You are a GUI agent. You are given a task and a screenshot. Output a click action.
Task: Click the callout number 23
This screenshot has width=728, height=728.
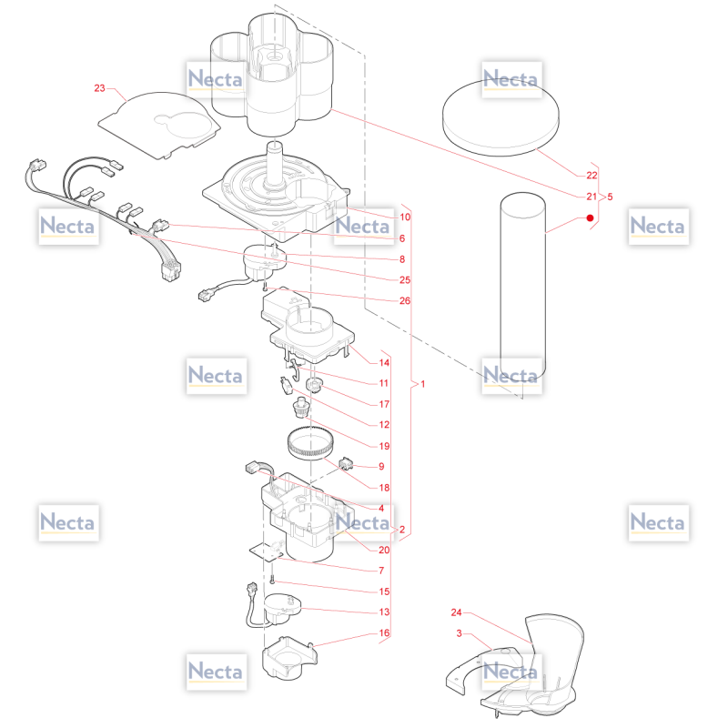click(99, 88)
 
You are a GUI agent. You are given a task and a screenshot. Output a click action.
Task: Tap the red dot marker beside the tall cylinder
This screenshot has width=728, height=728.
click(590, 217)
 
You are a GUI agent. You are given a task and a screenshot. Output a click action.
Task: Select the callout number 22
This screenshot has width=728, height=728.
click(591, 176)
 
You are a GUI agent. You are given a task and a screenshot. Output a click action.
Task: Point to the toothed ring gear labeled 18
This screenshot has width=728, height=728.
click(309, 443)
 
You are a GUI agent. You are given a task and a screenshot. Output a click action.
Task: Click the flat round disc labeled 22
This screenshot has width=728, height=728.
click(500, 118)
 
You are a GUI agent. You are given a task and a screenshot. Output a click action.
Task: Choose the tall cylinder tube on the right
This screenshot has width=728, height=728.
click(522, 286)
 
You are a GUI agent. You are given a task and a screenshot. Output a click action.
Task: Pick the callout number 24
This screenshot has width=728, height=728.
click(457, 612)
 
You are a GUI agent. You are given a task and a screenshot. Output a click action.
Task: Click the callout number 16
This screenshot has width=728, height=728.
click(384, 632)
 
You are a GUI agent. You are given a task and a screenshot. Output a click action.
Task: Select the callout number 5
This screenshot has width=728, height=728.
click(610, 197)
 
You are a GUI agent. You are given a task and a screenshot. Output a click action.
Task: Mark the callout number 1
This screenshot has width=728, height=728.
click(422, 384)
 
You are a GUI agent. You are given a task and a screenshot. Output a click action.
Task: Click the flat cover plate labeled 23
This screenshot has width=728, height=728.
click(159, 125)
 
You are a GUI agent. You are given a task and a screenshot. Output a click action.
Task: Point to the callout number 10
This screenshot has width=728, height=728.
click(405, 217)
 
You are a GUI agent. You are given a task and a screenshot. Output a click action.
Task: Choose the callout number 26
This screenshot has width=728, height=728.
click(405, 301)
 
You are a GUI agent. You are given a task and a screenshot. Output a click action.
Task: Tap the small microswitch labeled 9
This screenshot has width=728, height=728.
click(346, 463)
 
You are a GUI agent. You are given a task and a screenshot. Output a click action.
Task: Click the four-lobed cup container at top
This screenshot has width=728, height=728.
click(271, 75)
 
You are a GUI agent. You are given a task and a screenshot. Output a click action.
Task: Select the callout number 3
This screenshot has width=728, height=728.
click(460, 633)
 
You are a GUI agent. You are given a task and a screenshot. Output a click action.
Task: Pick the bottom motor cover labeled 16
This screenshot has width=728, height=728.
click(289, 658)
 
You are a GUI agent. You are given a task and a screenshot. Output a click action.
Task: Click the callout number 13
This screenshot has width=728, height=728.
click(384, 612)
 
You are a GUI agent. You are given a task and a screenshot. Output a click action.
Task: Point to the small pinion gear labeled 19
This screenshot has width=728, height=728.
click(301, 409)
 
